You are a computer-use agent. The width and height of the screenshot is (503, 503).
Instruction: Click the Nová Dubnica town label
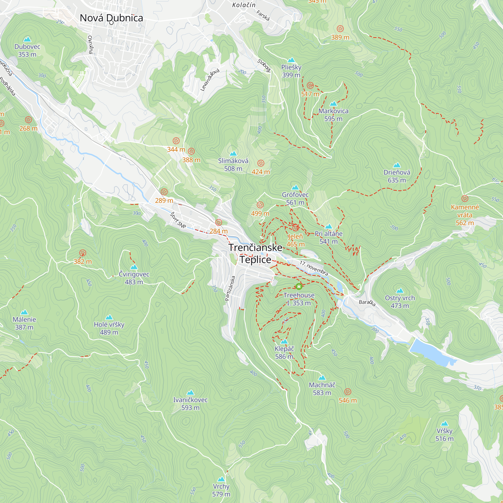coord(111,18)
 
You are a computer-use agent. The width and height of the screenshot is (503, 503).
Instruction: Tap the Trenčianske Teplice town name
coord(256,253)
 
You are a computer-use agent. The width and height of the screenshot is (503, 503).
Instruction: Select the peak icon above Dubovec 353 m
coord(27,39)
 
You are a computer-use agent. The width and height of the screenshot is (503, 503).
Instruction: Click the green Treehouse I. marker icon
coord(299,287)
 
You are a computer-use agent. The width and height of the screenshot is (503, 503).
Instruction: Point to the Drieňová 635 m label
coord(397,176)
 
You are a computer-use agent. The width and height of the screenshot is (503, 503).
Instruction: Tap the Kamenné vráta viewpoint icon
coord(465,199)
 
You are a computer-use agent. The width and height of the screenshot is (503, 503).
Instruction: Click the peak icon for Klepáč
coord(284,341)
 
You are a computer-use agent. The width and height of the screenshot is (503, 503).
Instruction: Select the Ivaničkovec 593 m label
coord(190,404)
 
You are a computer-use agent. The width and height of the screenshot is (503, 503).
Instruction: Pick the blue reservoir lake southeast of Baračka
coord(432,353)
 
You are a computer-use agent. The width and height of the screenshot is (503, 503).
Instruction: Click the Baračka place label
coord(367,303)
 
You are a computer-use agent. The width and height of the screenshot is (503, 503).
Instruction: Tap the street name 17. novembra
coord(313,268)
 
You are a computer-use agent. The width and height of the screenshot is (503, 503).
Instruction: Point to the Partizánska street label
coord(230,288)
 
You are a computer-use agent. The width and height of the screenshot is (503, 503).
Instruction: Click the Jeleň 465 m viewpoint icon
coord(296,228)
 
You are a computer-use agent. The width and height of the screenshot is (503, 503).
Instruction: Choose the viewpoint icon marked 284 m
coord(219,222)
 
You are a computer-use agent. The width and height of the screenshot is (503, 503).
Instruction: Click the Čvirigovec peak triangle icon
coord(134,267)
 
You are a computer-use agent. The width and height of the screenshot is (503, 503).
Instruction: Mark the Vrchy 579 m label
coord(221,490)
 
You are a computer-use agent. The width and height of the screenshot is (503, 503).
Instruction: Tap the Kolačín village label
coord(244,5)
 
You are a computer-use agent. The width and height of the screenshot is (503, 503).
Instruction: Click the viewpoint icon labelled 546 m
coord(348,392)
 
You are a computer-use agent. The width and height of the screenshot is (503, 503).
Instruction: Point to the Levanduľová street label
coord(209,80)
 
